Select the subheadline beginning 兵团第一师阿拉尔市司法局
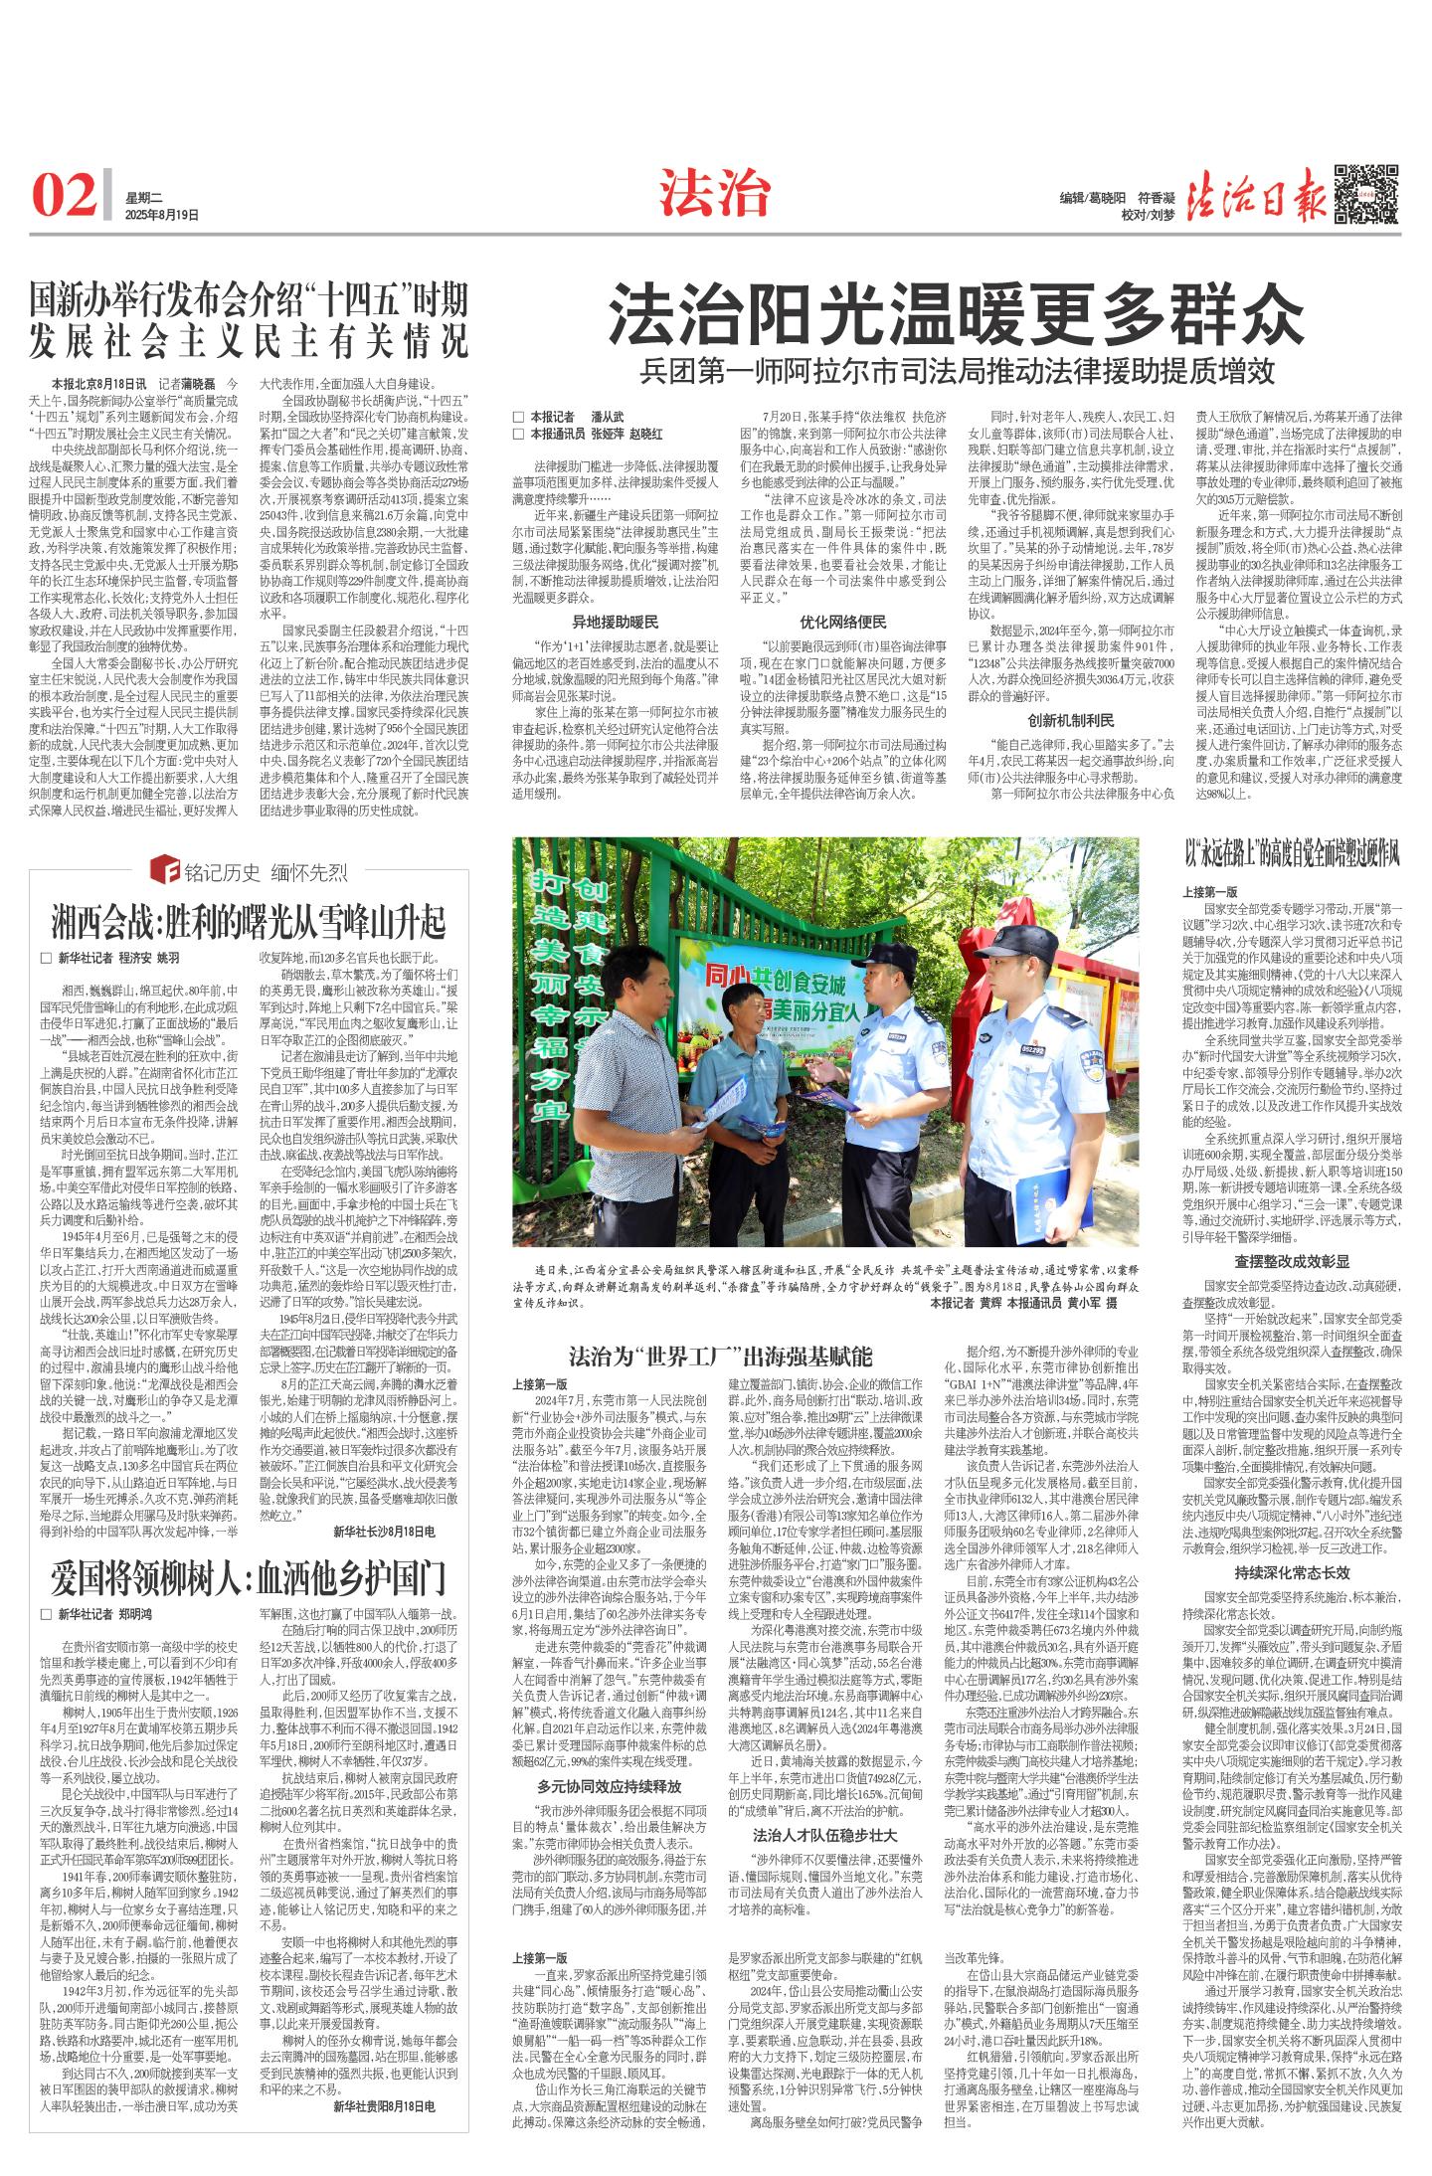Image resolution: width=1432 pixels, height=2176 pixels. point(957,371)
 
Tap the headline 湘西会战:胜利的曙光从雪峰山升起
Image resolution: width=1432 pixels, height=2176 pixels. point(249,922)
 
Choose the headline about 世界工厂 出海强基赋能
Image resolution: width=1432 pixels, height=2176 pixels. point(720,1356)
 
